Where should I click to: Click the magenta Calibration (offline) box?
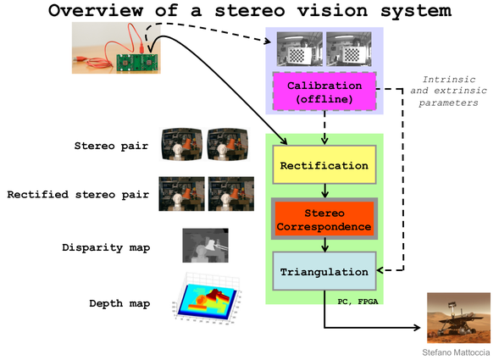pyautogui.click(x=324, y=91)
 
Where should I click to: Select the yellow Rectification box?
pyautogui.click(x=324, y=164)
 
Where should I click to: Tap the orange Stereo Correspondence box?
pyautogui.click(x=324, y=219)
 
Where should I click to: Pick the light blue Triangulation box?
pyautogui.click(x=324, y=271)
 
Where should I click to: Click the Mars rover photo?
pyautogui.click(x=458, y=318)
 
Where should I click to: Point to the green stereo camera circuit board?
pyautogui.click(x=137, y=63)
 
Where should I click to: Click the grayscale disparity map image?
pyautogui.click(x=205, y=246)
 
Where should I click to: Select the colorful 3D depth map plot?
pyautogui.click(x=207, y=299)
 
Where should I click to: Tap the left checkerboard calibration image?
pyautogui.click(x=299, y=48)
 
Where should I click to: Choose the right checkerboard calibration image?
pyautogui.click(x=349, y=48)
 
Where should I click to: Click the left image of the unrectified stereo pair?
pyautogui.click(x=181, y=144)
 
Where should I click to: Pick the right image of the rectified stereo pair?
pyautogui.click(x=231, y=194)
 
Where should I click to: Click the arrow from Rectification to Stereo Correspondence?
pyautogui.click(x=324, y=191)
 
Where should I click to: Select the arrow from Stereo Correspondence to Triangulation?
pyautogui.click(x=324, y=246)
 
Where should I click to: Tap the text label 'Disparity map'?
pyautogui.click(x=106, y=247)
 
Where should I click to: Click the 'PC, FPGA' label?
pyautogui.click(x=358, y=301)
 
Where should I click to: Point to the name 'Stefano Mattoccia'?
pyautogui.click(x=456, y=352)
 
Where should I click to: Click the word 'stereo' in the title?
pyautogui.click(x=249, y=10)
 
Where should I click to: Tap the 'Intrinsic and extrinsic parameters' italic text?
pyautogui.click(x=448, y=91)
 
